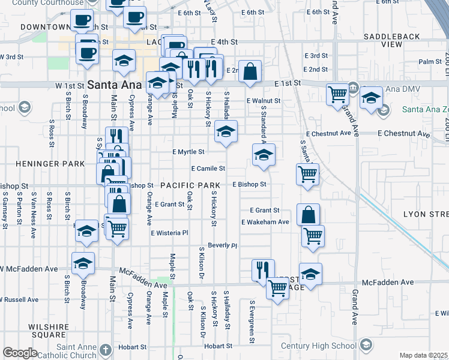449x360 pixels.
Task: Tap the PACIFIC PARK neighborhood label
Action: pyautogui.click(x=191, y=185)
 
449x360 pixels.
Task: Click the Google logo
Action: pyautogui.click(x=20, y=353)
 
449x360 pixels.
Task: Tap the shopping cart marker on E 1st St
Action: pyautogui.click(x=337, y=94)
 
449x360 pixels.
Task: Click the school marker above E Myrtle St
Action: pyautogui.click(x=226, y=132)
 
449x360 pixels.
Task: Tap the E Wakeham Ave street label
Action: pyautogui.click(x=265, y=222)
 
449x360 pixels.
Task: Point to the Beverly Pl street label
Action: pyautogui.click(x=223, y=245)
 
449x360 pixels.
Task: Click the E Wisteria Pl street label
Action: pyautogui.click(x=170, y=233)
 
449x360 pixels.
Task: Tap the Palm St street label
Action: pyautogui.click(x=430, y=62)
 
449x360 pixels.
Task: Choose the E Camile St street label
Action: pyautogui.click(x=208, y=169)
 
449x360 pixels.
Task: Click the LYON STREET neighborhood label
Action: pyautogui.click(x=426, y=214)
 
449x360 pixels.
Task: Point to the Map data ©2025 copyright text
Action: pyautogui.click(x=423, y=355)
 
